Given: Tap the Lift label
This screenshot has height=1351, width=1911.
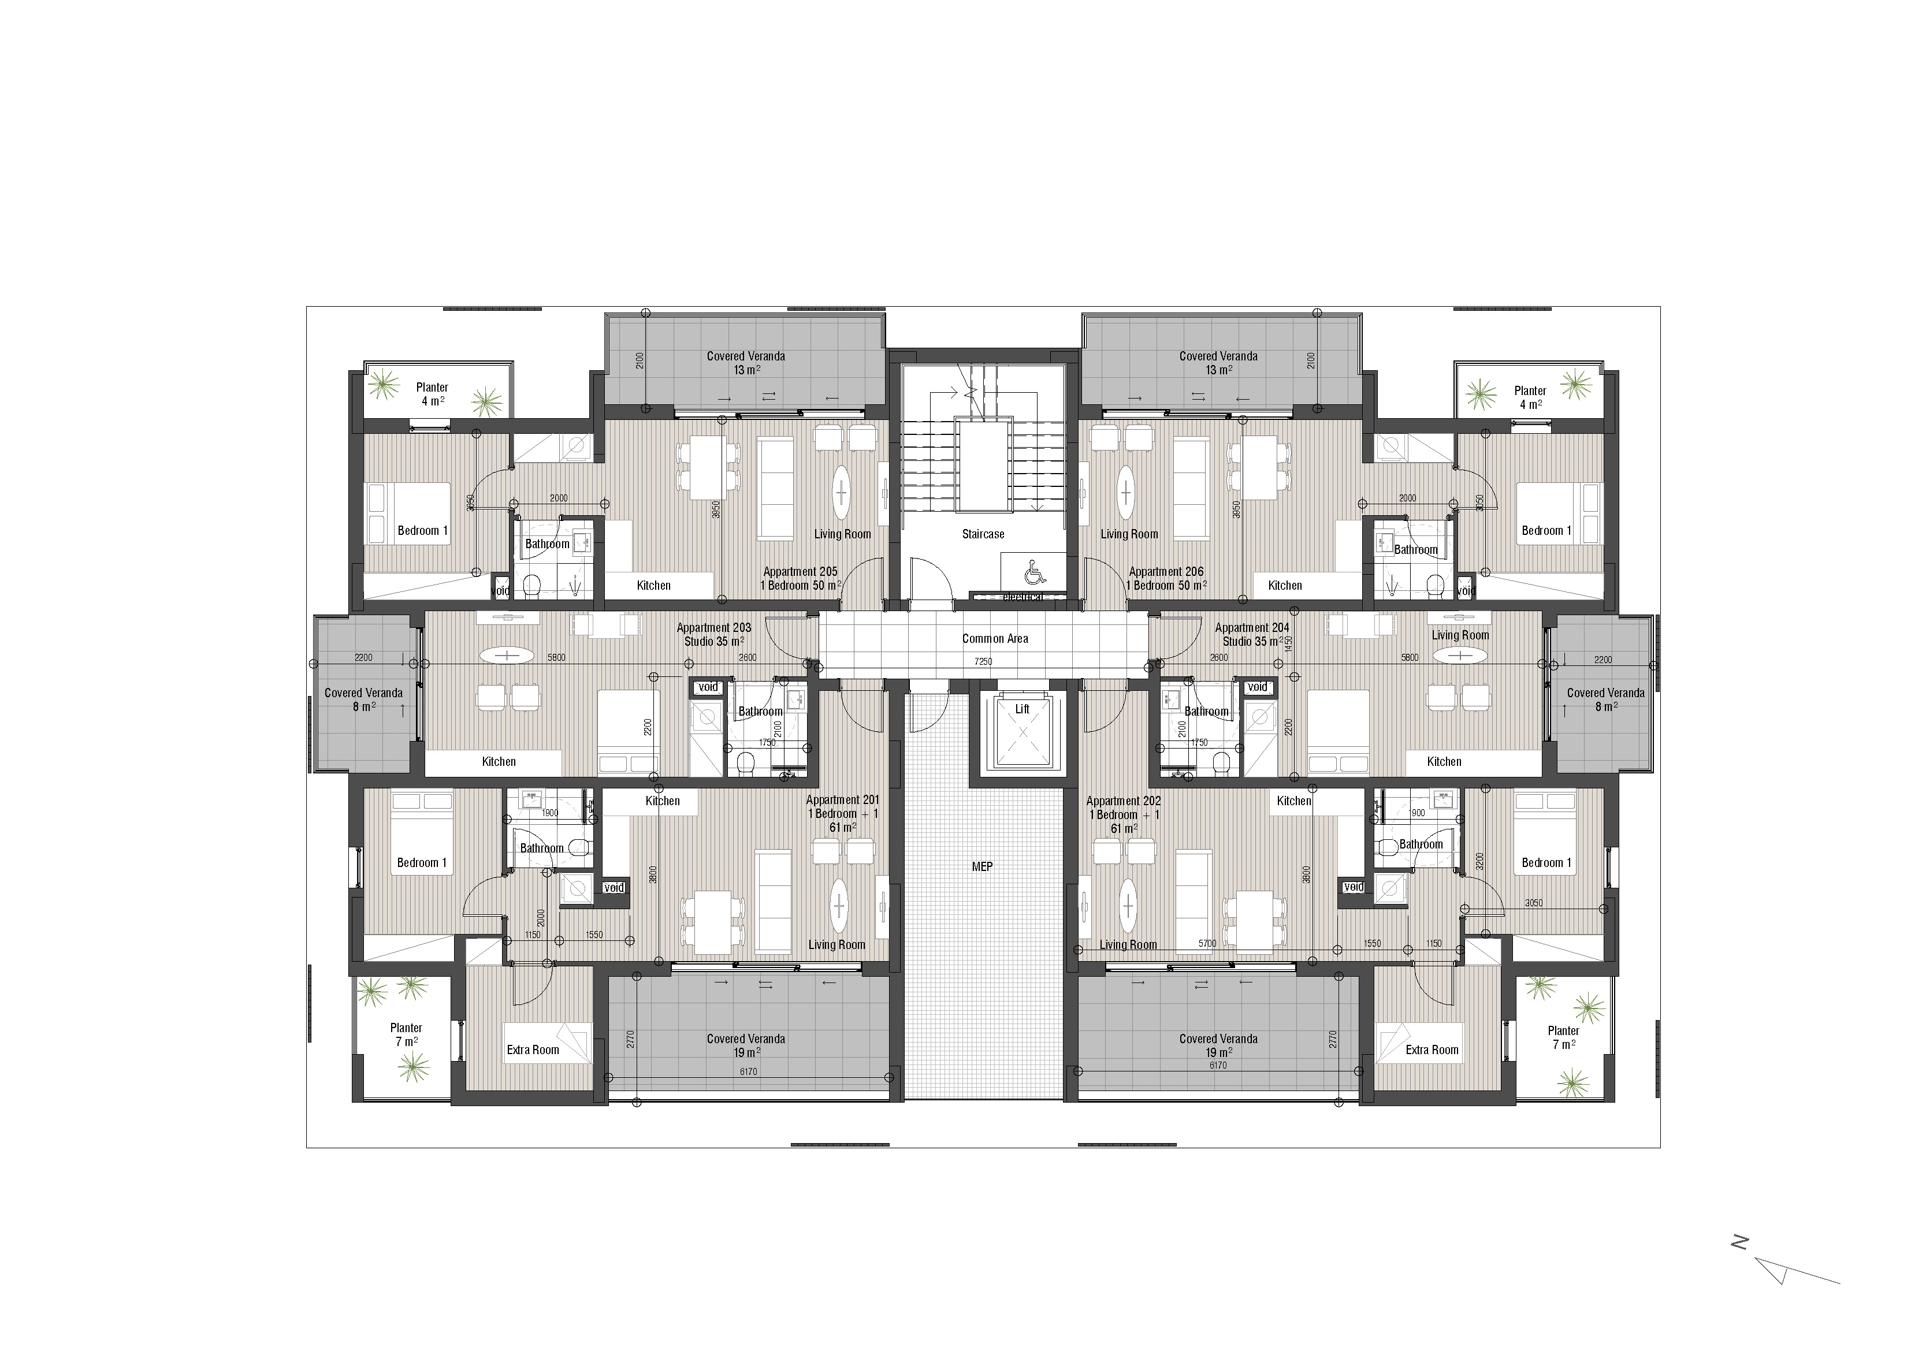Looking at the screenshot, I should coord(1021,709).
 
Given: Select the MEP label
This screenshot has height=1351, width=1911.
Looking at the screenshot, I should coord(982,866).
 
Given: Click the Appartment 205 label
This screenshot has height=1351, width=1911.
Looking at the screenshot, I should coord(800,572).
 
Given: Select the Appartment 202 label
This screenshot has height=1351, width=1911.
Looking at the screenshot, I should coord(1123,801).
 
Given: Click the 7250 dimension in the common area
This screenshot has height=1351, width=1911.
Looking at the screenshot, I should coord(983,662).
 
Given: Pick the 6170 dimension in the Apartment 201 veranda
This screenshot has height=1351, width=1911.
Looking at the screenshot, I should coord(748,1072).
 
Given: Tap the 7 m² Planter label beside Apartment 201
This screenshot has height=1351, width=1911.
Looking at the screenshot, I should coord(406,1034).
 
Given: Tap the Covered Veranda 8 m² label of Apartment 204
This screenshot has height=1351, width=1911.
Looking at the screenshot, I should coord(1605,699).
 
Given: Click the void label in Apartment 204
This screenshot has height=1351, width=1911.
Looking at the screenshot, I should coord(1257,687).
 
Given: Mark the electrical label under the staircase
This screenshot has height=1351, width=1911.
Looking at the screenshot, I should coord(1022,597).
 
